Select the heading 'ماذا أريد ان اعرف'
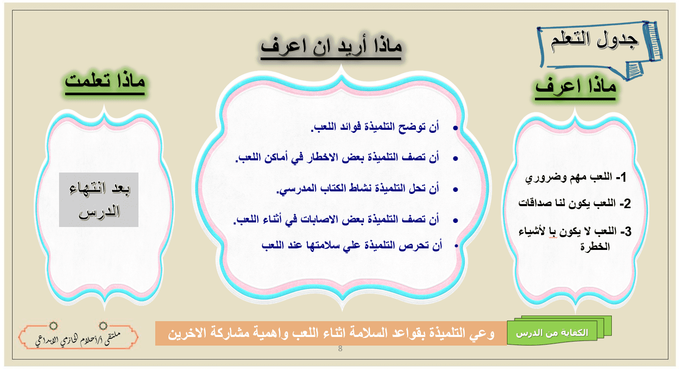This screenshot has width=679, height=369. point(331,47)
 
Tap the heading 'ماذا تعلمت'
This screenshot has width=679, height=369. point(105,82)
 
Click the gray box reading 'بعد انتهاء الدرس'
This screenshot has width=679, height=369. point(99,200)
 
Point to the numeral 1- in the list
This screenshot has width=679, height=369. point(621,177)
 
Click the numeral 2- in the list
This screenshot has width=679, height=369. point(625,204)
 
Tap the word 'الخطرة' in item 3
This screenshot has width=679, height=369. point(595,247)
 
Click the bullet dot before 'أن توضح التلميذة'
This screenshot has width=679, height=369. point(455,128)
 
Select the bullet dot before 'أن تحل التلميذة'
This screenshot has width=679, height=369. point(455,190)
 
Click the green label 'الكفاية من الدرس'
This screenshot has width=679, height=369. point(552,333)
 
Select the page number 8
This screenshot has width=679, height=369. point(340,349)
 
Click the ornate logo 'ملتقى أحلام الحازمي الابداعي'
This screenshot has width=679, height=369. point(78,336)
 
